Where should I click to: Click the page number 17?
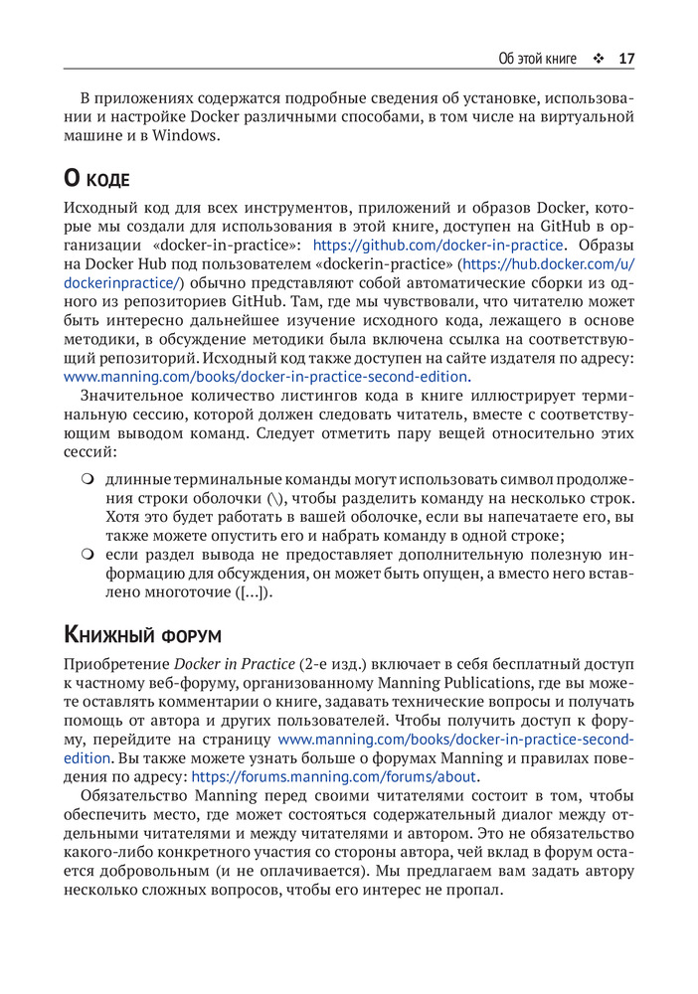pos(626,59)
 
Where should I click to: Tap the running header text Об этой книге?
pos(537,59)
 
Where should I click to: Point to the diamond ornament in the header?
pos(598,59)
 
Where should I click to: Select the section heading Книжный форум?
pos(142,634)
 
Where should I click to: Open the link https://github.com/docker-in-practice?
pos(438,246)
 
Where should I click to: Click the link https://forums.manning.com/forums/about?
pos(334,776)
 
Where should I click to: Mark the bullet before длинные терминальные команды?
pos(87,480)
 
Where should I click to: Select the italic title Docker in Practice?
pos(235,663)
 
